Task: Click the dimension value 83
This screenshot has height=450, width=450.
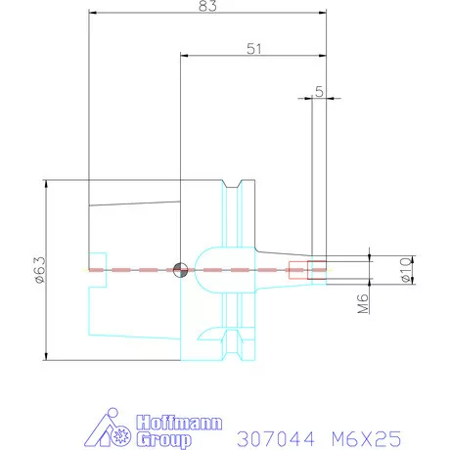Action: click(207, 5)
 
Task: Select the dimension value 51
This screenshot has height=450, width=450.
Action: click(254, 49)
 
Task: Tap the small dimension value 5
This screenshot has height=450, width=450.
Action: click(319, 92)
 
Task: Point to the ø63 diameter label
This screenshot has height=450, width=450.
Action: click(41, 269)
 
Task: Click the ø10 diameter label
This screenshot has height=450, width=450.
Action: click(405, 270)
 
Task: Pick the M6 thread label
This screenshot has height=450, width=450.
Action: click(363, 303)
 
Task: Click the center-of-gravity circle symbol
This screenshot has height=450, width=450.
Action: click(180, 270)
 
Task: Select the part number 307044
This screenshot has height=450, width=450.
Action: click(276, 438)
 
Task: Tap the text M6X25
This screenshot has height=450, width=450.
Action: click(366, 438)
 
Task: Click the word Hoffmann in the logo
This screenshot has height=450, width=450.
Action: click(179, 423)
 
